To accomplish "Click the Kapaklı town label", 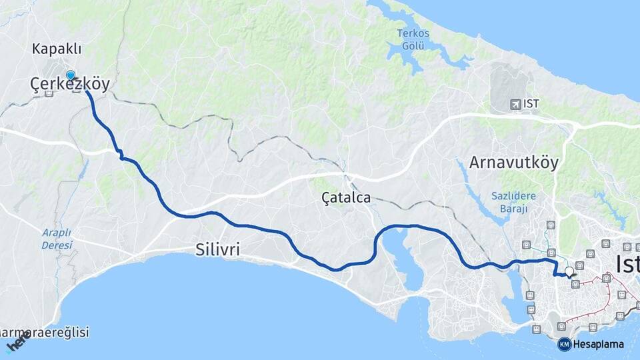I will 57,49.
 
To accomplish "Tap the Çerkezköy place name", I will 70,83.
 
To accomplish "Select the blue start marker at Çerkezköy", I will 70,75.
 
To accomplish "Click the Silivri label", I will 217,249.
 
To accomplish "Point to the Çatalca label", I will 345,198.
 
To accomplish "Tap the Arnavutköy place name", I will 513,163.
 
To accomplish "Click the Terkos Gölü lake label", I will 413,39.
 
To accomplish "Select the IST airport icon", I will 515,105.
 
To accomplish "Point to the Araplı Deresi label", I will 57,239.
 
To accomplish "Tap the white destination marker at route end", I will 569,271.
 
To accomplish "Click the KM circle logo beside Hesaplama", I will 564,344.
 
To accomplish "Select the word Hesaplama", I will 599,345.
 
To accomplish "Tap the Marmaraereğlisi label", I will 44,332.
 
